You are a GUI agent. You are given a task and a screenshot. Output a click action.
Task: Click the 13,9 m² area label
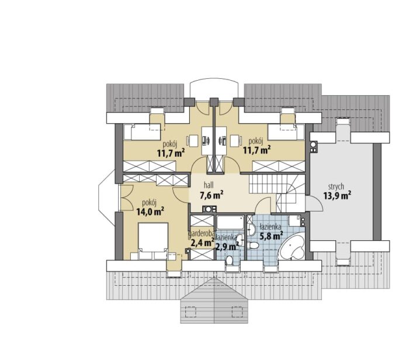[337, 195]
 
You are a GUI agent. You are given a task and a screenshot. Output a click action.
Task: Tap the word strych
[336, 187]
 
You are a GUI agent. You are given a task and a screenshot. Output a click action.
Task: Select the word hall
[209, 185]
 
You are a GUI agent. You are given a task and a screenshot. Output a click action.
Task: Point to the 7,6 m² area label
[211, 195]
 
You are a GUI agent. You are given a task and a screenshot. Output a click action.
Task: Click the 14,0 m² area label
[150, 212]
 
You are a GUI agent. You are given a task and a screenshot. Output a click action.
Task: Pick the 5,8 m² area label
[271, 236]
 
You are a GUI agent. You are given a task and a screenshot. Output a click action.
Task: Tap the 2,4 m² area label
[201, 243]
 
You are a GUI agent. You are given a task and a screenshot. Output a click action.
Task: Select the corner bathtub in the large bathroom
[292, 247]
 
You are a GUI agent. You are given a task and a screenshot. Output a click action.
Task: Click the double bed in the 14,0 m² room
[153, 241]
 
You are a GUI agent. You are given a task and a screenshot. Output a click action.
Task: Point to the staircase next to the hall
[277, 193]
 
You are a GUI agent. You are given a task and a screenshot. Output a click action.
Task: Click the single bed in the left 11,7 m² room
[142, 131]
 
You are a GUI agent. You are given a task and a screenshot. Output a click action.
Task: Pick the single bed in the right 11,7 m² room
[286, 131]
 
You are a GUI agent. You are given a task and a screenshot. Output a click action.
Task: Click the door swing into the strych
[314, 203]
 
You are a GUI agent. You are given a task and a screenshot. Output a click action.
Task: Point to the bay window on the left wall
[108, 197]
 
